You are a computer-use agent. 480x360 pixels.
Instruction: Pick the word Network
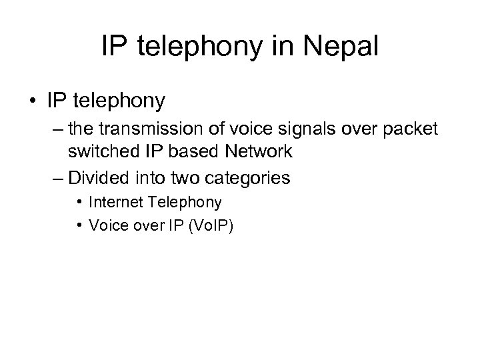(x=260, y=151)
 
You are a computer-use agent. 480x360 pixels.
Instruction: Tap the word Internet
(x=113, y=201)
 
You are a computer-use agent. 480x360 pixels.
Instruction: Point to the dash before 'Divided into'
(x=55, y=178)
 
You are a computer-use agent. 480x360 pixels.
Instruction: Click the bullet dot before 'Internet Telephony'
(x=80, y=201)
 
